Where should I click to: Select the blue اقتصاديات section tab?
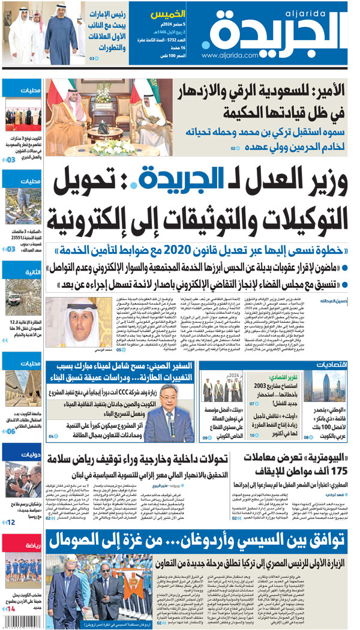(x=332, y=364)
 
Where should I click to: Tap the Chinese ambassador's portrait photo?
(x=161, y=413)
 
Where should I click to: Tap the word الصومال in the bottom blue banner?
(x=77, y=540)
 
